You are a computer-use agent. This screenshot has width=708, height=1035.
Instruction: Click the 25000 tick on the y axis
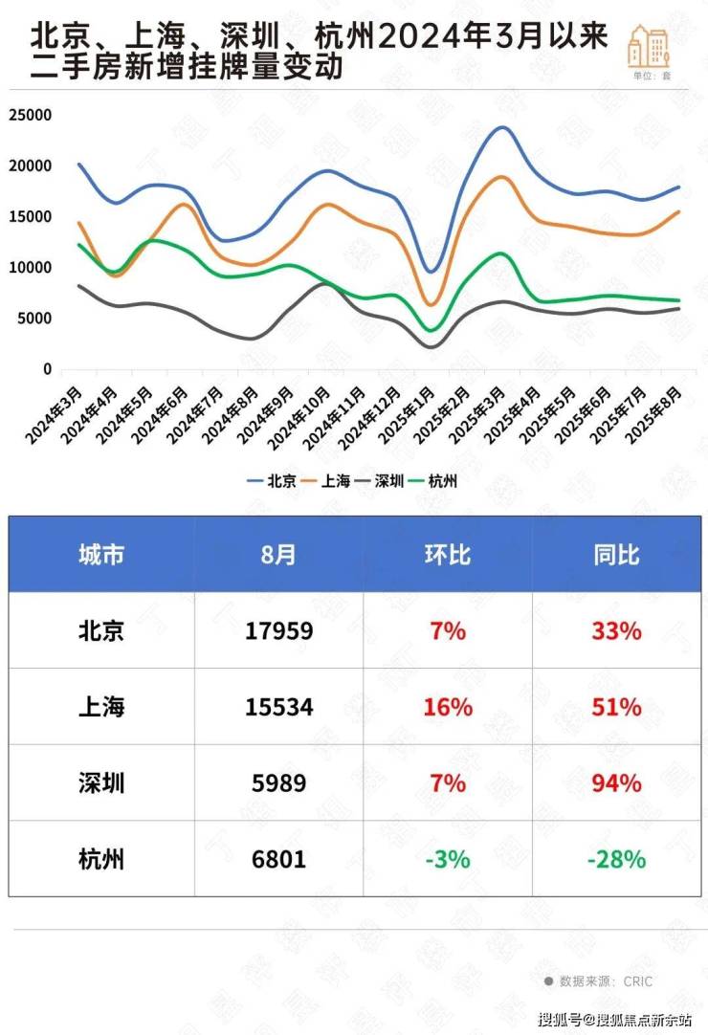[31, 115]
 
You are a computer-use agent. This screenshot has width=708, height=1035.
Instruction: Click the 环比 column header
[447, 555]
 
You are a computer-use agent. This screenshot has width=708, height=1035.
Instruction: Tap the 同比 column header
[616, 555]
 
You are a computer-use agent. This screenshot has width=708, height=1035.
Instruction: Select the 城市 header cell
[101, 555]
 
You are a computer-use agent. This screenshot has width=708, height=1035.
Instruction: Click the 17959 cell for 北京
[279, 631]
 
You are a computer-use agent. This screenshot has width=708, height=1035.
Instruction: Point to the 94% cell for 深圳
[616, 783]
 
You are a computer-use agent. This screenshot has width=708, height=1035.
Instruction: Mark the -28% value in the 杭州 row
[616, 859]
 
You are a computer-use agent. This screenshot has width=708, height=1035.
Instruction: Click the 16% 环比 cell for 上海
[447, 707]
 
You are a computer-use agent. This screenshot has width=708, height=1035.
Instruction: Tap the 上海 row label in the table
[101, 707]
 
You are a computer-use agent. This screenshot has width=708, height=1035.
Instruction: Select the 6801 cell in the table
[279, 859]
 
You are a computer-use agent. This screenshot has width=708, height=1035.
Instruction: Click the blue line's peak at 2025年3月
[501, 127]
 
